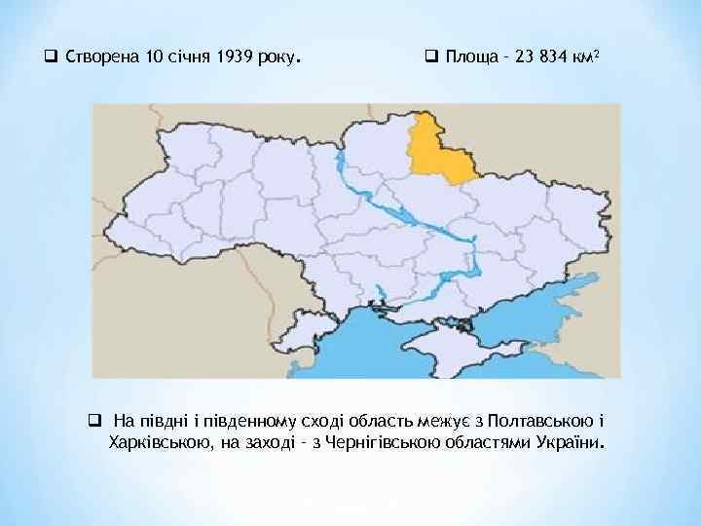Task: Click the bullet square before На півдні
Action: pos(94,422)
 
